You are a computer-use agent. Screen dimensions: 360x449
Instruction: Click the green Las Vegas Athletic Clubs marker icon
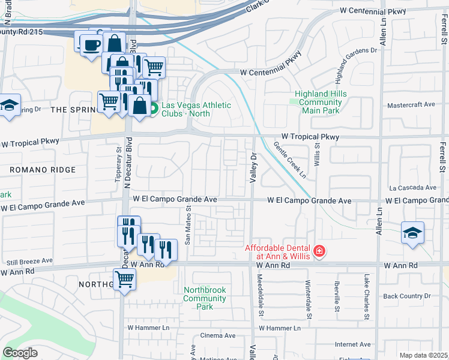[154, 109]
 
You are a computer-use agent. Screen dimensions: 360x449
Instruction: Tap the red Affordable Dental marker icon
[319, 251]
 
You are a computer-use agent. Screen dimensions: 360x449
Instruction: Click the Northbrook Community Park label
[205, 298]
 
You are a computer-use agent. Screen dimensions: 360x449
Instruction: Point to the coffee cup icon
[91, 46]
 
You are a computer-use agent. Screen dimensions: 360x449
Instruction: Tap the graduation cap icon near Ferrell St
[412, 233]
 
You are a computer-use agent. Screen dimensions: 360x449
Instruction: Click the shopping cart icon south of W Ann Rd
[124, 279]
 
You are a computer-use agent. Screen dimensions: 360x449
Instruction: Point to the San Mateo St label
[188, 226]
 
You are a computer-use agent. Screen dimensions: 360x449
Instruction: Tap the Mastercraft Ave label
[411, 104]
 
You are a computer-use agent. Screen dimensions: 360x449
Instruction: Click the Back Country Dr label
[407, 296]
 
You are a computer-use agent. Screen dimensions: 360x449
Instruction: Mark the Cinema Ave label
[217, 335]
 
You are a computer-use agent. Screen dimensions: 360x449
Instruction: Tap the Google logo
[20, 353]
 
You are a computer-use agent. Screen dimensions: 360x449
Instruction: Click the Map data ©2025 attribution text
[423, 355]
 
